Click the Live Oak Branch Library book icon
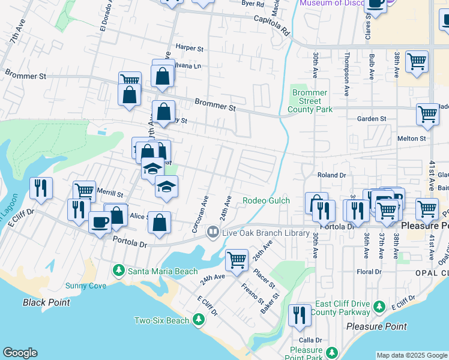tap(212, 232)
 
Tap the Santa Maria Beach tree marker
tap(119, 271)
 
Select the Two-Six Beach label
tap(161, 321)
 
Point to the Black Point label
tap(46, 302)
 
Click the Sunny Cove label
tap(85, 286)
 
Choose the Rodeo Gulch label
tap(266, 200)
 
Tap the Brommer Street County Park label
tap(310, 101)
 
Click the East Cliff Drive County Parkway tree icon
tap(379, 307)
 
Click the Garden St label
tap(372, 119)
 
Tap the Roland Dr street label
tap(332, 175)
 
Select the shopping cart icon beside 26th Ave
tap(237, 260)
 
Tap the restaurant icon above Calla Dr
tap(299, 315)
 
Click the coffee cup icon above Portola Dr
tap(100, 221)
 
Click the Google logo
tap(20, 353)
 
